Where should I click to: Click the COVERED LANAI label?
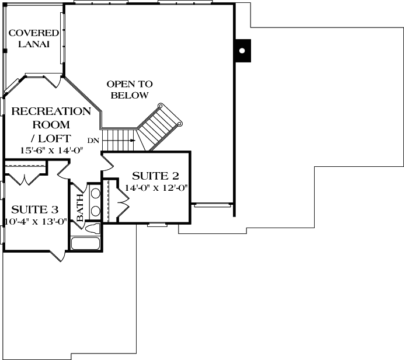pyautogui.click(x=33, y=39)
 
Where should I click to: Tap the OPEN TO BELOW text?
pyautogui.click(x=129, y=89)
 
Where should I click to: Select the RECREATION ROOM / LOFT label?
pyautogui.click(x=51, y=124)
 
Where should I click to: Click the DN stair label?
pyautogui.click(x=93, y=140)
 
